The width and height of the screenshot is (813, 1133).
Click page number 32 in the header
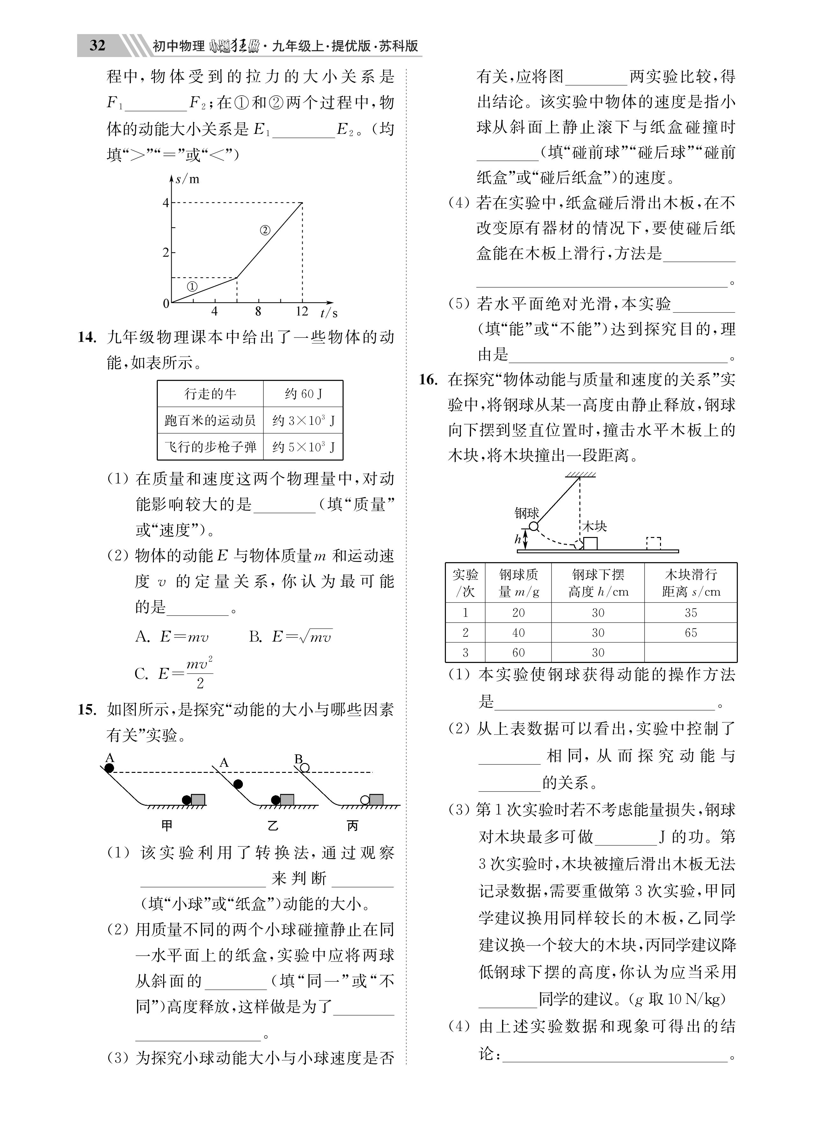point(98,46)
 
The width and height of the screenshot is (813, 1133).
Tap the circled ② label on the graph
point(265,230)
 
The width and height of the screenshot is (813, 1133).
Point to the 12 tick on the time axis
point(302,312)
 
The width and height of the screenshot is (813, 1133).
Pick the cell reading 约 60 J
point(303,394)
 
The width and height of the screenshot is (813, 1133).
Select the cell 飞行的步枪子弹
point(210,447)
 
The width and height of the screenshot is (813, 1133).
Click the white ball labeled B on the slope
point(305,768)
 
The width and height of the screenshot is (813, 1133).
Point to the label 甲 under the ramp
point(167,826)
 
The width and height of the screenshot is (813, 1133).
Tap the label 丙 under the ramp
point(353,826)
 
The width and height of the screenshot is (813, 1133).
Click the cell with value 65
point(691,632)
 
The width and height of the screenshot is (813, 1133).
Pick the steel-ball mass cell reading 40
point(518,632)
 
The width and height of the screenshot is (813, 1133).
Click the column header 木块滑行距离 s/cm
point(691,583)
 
